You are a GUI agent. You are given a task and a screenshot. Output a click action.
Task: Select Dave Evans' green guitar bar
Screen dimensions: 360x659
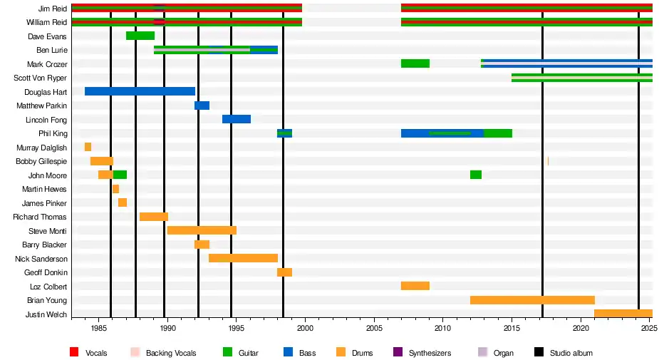[x=140, y=36]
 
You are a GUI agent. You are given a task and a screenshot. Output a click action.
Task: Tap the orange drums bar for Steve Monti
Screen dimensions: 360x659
[x=202, y=230]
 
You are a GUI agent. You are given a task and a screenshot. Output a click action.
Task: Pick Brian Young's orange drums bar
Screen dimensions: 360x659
[x=532, y=300]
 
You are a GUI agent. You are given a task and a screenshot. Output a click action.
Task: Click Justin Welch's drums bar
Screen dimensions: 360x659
[x=623, y=314]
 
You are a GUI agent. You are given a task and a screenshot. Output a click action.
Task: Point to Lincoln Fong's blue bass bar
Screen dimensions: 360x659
[x=237, y=119]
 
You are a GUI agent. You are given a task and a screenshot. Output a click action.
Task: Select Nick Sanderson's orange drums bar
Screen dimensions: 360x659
[x=243, y=258]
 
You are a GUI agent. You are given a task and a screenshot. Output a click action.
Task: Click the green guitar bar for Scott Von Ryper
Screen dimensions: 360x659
[x=581, y=78]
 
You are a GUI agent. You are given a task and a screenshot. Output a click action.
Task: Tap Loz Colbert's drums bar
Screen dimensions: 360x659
[x=415, y=286]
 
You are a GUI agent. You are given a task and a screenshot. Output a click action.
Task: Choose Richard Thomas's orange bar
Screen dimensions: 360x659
[x=154, y=217]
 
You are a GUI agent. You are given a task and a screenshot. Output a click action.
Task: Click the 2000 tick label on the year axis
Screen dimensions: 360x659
[x=305, y=329]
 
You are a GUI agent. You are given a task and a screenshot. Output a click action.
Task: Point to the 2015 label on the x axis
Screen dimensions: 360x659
[x=512, y=329]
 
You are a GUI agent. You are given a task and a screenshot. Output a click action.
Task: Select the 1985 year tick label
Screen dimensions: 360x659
[x=98, y=329]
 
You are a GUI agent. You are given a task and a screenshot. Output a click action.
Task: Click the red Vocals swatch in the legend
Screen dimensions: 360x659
[x=74, y=353]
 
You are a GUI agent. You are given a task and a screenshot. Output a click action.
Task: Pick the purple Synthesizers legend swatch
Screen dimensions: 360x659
[x=398, y=353]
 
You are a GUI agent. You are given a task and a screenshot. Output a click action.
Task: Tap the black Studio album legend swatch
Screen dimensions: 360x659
[x=539, y=353]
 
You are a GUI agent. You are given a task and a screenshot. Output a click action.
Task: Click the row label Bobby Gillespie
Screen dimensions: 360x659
[x=41, y=161]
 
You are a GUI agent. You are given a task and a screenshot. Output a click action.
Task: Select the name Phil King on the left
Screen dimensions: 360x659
[x=53, y=133]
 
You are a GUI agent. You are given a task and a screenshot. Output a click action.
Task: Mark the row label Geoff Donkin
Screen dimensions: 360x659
[x=46, y=272]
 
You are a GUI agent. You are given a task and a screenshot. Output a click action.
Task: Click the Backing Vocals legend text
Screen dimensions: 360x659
[x=171, y=353]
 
